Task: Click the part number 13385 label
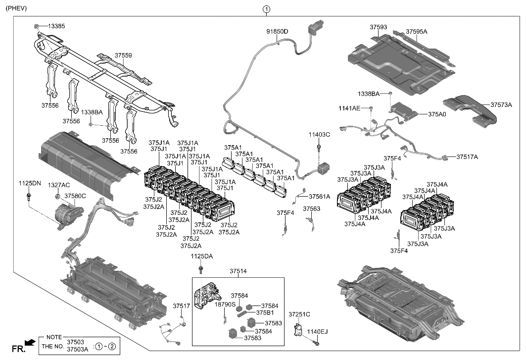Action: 56,26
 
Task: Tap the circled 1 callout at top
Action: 267,8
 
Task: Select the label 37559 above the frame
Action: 123,55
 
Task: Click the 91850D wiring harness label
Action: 277,31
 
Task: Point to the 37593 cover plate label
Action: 379,27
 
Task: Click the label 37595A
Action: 416,31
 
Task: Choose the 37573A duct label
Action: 501,104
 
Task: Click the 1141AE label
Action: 349,108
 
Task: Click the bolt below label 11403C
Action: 319,147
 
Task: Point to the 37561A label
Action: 319,197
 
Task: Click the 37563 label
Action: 312,209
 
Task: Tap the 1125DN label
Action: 30,183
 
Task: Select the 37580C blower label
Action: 75,196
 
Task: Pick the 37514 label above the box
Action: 238,271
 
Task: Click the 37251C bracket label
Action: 299,314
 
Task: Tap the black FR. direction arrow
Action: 30,342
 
